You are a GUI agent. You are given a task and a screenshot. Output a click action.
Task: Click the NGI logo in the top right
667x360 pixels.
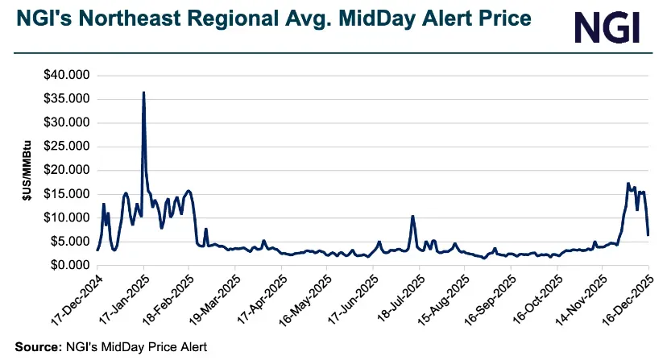[607, 27]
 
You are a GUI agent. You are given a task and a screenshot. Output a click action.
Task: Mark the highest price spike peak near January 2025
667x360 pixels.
[143, 93]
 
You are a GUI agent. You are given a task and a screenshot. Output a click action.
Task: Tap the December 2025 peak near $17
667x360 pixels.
[628, 184]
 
